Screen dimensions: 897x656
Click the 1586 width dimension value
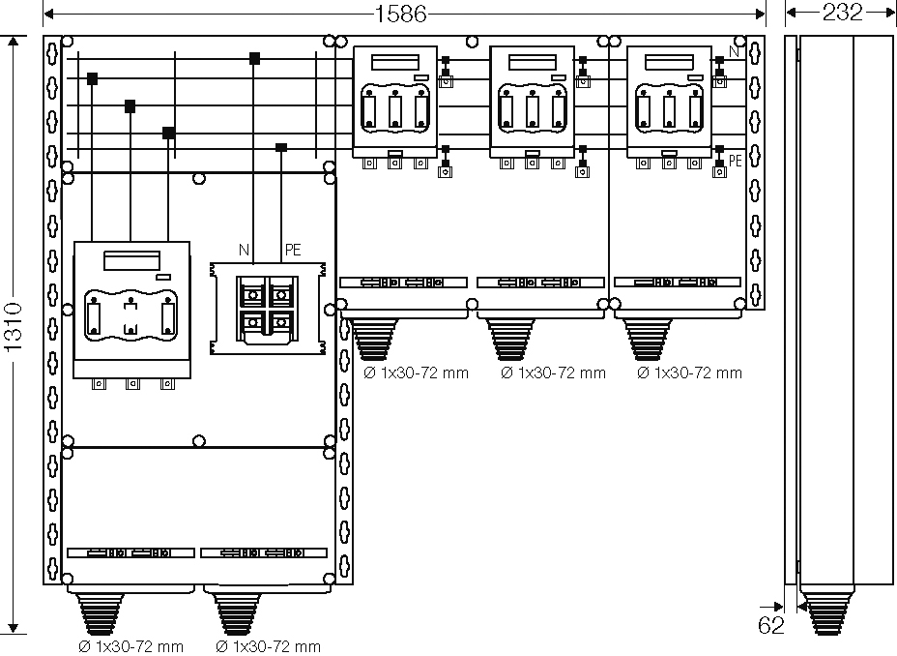click(x=400, y=14)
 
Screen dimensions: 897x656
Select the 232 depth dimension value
click(x=842, y=12)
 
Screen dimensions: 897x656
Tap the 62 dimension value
click(x=770, y=625)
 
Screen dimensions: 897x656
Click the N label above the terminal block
click(x=244, y=250)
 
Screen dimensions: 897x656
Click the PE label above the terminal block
click(x=293, y=250)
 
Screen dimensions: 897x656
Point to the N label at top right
click(x=734, y=51)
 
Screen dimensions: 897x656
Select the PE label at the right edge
click(x=736, y=161)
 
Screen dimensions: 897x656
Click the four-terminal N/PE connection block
click(x=268, y=309)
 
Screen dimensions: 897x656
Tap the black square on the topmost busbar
click(x=254, y=58)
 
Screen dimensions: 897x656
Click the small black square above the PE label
click(x=281, y=148)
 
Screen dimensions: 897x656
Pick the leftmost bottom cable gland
click(x=100, y=613)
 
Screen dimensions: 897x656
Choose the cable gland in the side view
click(x=827, y=613)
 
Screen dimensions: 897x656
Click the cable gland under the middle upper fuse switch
click(x=511, y=340)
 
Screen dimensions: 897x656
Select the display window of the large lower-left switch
click(x=131, y=260)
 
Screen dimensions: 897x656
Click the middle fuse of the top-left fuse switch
click(x=394, y=111)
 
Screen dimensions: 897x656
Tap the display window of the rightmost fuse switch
click(x=669, y=62)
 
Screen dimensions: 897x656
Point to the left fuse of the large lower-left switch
click(x=94, y=318)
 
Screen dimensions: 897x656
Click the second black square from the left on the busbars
click(x=130, y=105)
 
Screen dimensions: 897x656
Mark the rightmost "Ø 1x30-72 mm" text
click(x=689, y=373)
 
